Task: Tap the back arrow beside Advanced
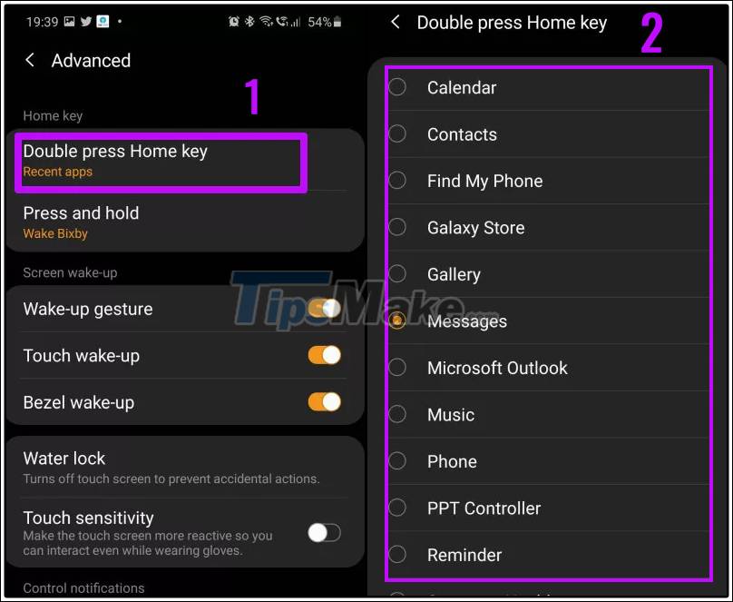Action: coord(30,60)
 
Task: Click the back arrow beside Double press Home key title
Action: coord(395,22)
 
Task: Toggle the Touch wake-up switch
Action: coord(324,355)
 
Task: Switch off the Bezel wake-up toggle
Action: coord(324,401)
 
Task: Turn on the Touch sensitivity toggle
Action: coord(324,532)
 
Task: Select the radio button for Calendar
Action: coord(397,87)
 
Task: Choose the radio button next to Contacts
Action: coord(397,133)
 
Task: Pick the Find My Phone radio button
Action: coord(397,181)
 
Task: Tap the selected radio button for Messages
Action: coord(397,321)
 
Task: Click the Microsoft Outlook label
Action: coord(497,368)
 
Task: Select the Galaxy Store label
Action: coord(475,228)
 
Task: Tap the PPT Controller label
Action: coord(484,508)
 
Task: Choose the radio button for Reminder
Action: coord(397,555)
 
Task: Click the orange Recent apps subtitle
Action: coord(58,172)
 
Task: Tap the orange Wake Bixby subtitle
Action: coord(55,233)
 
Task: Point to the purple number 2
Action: coord(651,34)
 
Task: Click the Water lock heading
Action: coord(64,459)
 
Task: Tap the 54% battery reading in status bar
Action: coord(319,21)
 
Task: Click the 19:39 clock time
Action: coord(42,21)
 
